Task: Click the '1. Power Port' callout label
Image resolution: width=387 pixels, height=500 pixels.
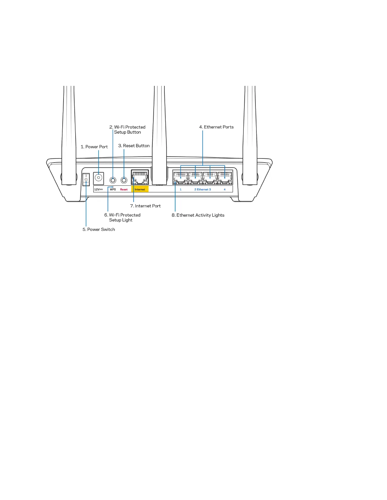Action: click(94, 147)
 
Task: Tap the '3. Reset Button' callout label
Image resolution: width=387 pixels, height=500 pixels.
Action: click(134, 146)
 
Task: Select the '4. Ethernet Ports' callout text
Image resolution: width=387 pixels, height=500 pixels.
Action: click(216, 127)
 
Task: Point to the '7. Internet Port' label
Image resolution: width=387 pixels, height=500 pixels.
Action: click(145, 206)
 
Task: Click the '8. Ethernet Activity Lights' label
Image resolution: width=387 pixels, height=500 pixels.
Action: click(198, 215)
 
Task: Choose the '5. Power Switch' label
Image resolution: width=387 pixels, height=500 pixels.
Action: click(99, 229)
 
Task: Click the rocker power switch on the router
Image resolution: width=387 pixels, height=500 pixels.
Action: click(86, 180)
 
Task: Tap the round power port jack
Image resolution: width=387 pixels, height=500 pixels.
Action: click(99, 178)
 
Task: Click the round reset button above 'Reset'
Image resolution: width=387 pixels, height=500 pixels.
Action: click(124, 180)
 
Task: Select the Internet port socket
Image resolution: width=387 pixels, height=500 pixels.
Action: click(140, 177)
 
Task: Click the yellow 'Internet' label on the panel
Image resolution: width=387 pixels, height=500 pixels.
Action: click(140, 189)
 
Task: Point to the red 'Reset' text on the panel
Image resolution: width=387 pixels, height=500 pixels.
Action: click(124, 189)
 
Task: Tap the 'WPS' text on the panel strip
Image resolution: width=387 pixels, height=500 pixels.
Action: click(113, 189)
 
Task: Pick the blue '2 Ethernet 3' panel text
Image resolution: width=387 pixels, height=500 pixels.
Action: click(203, 189)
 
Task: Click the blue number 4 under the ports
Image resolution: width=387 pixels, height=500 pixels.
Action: click(225, 189)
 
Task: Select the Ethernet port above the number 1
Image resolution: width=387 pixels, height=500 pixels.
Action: click(181, 177)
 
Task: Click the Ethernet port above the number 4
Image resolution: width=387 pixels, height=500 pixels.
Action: click(225, 177)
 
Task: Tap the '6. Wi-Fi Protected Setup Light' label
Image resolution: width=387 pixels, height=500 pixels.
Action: click(122, 217)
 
